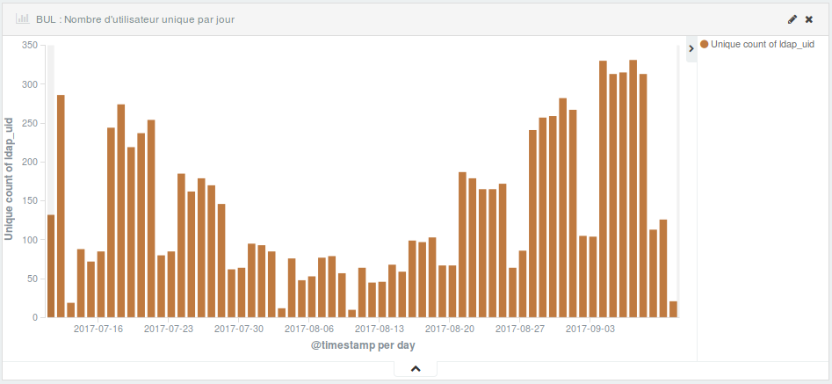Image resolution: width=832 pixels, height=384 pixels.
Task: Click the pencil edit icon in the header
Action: coord(792,18)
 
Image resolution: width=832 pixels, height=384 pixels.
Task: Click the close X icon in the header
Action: coord(809,18)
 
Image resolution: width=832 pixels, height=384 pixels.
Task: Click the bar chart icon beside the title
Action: coord(23,18)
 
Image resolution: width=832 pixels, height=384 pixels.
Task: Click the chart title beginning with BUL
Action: coord(135,18)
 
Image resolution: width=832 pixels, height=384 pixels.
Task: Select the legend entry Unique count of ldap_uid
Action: coord(762,44)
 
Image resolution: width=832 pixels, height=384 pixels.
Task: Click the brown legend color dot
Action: coord(705,44)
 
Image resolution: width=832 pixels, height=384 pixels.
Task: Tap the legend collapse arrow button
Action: coord(691,48)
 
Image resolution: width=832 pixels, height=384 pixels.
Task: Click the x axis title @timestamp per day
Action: coord(363,346)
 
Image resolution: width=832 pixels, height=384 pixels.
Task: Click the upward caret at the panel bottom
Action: coord(416,369)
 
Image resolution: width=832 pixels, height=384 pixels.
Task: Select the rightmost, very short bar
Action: coord(674,309)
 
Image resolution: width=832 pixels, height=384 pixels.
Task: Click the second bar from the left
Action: coord(61,206)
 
